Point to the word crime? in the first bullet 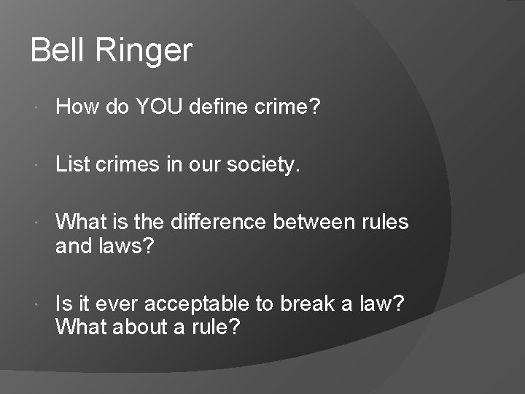[x=287, y=107]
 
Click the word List [x=73, y=164]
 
